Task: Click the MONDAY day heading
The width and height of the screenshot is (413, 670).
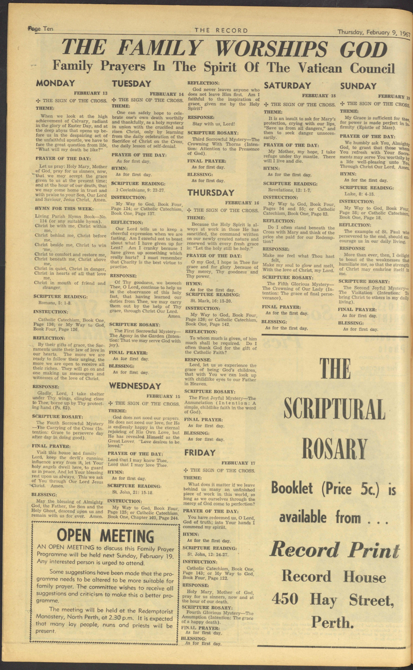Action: coord(55,83)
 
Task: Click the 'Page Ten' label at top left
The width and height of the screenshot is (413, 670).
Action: coord(40,29)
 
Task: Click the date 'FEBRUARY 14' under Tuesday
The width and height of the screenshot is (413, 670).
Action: coord(167,94)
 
